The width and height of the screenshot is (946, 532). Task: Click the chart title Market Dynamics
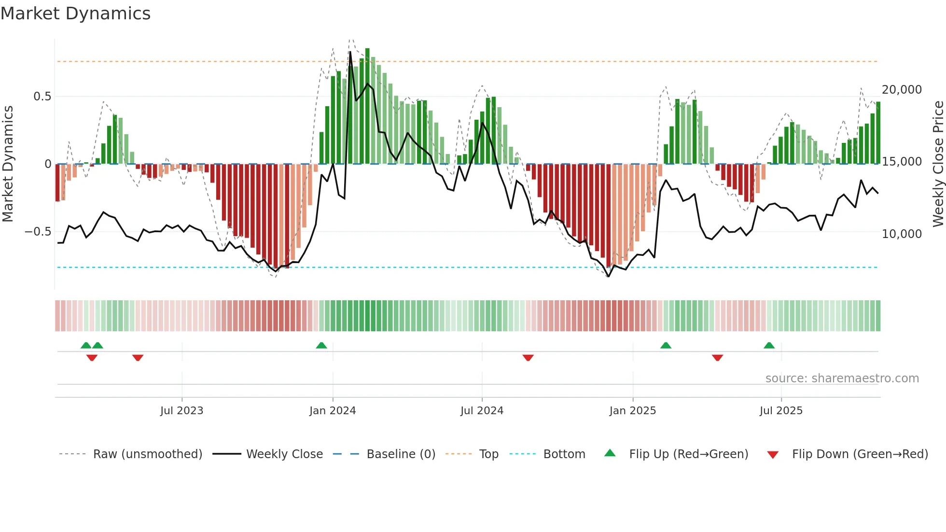[x=75, y=14]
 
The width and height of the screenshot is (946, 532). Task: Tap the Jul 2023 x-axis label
[x=181, y=411]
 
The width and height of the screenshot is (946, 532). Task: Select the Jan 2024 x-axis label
[x=333, y=411]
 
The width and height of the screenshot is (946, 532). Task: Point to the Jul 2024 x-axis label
[x=482, y=411]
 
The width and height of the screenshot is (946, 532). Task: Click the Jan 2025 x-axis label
[x=632, y=411]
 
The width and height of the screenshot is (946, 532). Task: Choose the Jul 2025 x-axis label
[x=781, y=411]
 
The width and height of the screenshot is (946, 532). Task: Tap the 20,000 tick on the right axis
[x=902, y=90]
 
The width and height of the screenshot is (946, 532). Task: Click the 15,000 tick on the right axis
[x=902, y=162]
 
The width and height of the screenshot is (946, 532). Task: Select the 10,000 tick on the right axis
[x=902, y=234]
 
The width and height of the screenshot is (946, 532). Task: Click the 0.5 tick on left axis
[x=42, y=97]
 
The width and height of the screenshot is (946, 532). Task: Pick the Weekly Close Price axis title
[x=938, y=164]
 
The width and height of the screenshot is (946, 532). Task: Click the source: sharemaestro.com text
[x=842, y=378]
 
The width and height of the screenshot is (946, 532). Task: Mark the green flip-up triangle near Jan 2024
[x=321, y=345]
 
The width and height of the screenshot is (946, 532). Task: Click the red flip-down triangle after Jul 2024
[x=528, y=358]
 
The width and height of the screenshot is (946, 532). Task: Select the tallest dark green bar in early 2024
[x=367, y=106]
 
